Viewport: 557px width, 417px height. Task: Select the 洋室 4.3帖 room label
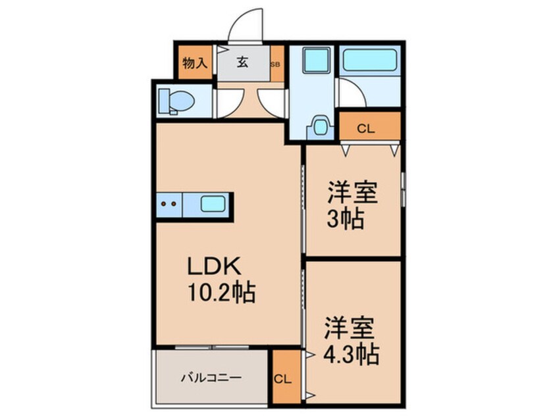[x=352, y=341]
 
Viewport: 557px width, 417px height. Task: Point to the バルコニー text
[x=211, y=378]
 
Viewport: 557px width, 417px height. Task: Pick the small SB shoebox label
[x=276, y=64]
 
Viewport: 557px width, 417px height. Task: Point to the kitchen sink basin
[x=215, y=204]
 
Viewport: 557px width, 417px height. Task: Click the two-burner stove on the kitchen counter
[x=170, y=204]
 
